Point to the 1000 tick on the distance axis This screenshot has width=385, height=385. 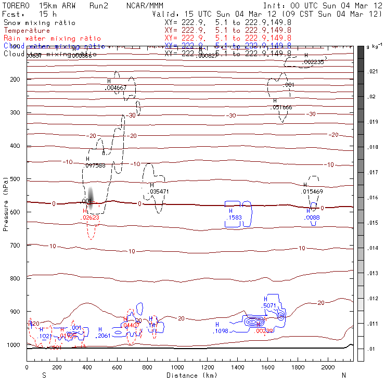tap(177, 367)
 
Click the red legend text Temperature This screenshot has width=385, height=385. tap(27, 31)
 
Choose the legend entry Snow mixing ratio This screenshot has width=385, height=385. tap(39, 23)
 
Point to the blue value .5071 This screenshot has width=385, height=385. tap(269, 305)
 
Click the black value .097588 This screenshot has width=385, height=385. tap(95, 165)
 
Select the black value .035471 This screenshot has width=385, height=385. tap(158, 191)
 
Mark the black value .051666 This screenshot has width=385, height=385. tap(282, 107)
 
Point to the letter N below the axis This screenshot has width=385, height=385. tap(343, 375)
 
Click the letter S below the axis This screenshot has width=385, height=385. tap(44, 375)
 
